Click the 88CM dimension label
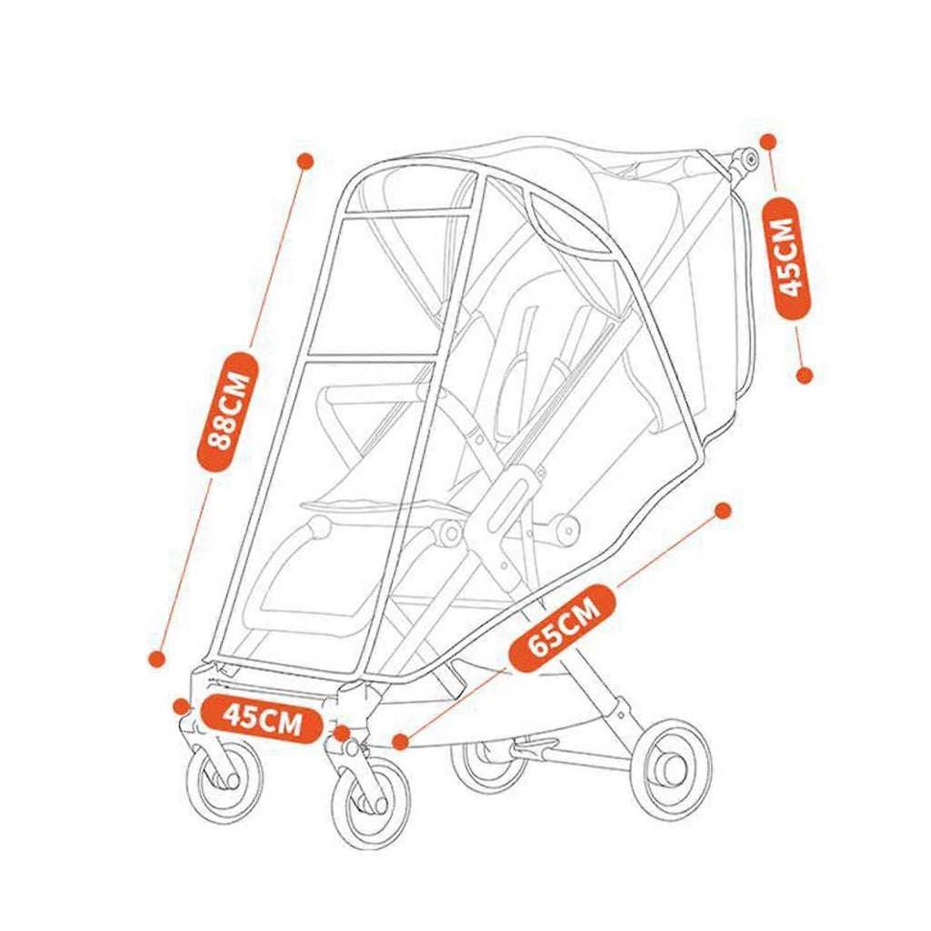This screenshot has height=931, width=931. click(227, 412)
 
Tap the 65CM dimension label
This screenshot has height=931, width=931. click(562, 627)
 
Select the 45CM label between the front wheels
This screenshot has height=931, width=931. click(263, 719)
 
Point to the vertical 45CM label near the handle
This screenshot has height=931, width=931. click(792, 257)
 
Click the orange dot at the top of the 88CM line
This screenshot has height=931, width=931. click(305, 161)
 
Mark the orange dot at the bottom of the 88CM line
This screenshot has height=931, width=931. click(156, 659)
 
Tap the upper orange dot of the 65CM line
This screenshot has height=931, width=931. click(723, 511)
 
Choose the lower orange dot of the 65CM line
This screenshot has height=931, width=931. click(401, 741)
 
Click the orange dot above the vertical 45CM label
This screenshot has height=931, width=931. click(768, 141)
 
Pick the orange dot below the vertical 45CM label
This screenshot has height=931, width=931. click(804, 375)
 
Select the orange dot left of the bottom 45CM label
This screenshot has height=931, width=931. click(181, 706)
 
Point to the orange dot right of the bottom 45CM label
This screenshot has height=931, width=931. click(342, 734)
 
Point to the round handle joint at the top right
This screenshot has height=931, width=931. click(746, 160)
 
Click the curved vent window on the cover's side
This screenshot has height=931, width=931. click(571, 225)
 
